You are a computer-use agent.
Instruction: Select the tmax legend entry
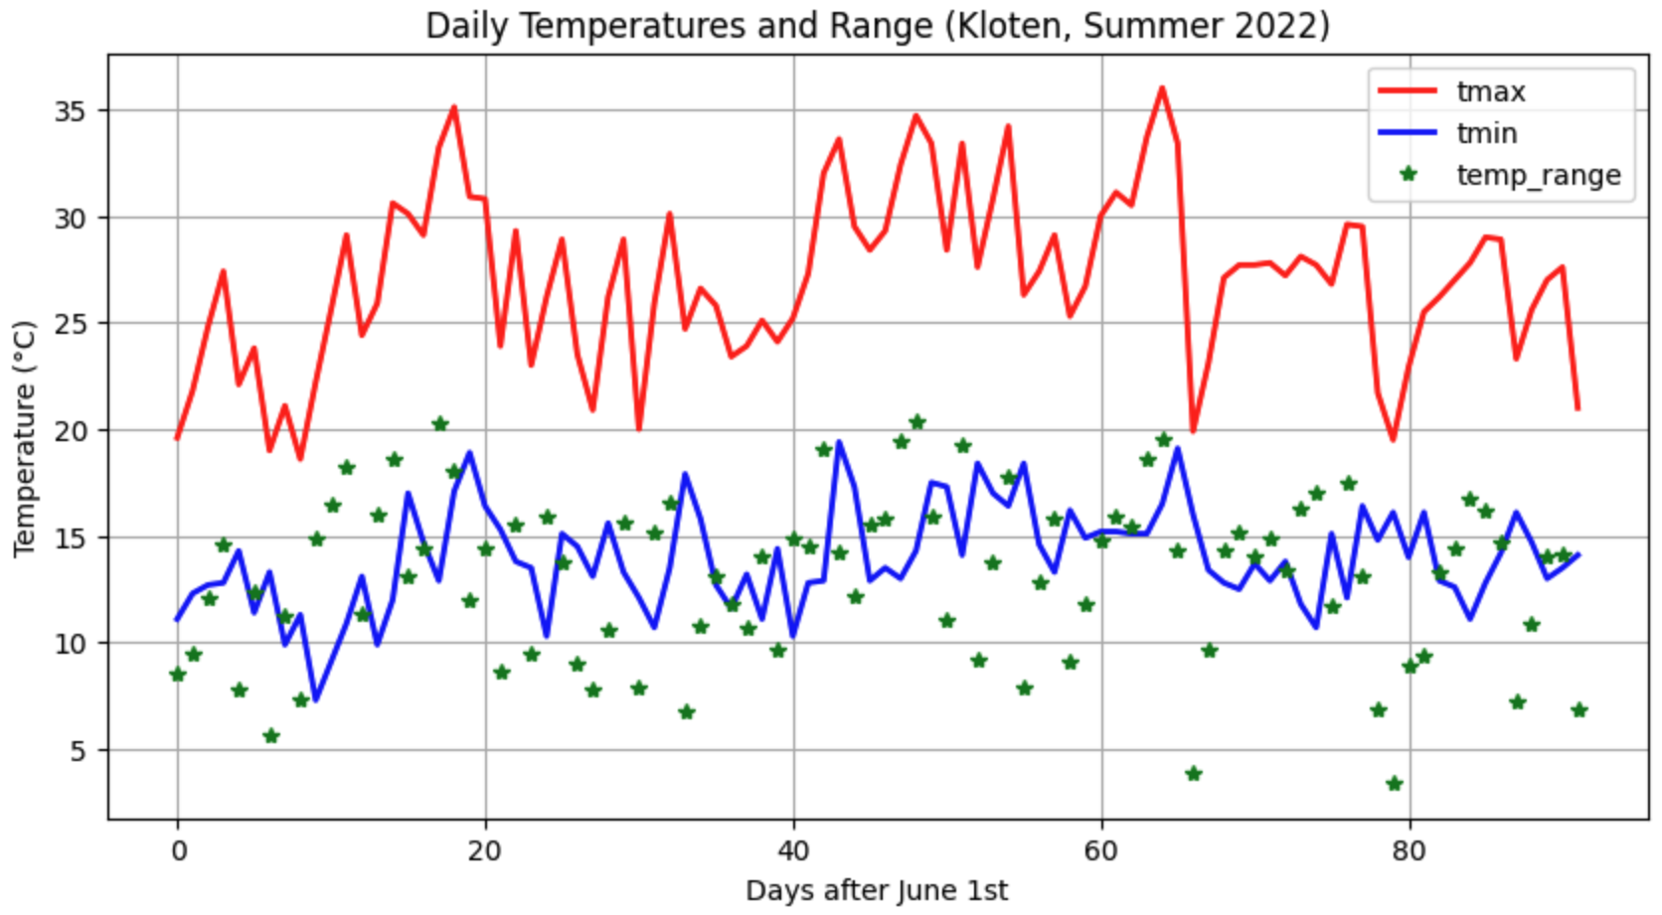tap(1490, 91)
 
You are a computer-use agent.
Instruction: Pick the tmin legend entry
tap(1486, 133)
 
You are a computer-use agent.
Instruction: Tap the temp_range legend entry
tap(1538, 176)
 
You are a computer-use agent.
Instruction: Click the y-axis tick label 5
tap(79, 751)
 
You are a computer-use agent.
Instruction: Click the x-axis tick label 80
tap(1409, 851)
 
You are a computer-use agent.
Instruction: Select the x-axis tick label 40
tap(793, 851)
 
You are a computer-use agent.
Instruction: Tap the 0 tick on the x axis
tap(178, 851)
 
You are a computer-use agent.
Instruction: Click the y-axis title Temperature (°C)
tap(25, 438)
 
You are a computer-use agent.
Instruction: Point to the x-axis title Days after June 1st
tap(877, 891)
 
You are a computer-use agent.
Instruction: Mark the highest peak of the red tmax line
tap(1162, 88)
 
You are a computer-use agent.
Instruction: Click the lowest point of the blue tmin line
tap(316, 700)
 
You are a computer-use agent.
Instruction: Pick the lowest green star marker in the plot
tap(1394, 784)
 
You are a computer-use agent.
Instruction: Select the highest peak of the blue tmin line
tap(839, 442)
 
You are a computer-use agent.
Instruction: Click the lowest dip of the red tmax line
tap(301, 458)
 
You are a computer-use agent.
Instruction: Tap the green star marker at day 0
tap(178, 675)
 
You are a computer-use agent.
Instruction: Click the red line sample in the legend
tap(1407, 91)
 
